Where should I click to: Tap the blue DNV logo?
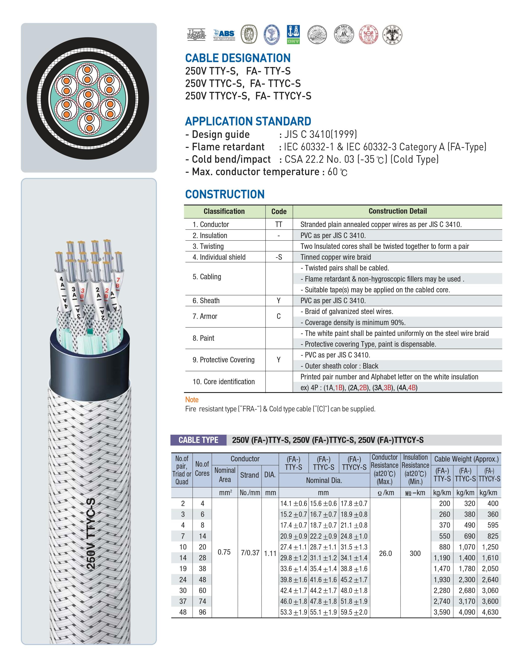(x=293, y=34)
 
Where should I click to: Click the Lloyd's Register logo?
(x=197, y=35)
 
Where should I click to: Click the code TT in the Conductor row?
(x=279, y=224)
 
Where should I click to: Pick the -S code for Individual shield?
(x=279, y=257)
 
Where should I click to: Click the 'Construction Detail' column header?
(x=398, y=211)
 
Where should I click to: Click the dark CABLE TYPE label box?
(x=198, y=440)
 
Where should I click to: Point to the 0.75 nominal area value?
(x=224, y=552)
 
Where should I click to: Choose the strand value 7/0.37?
(x=250, y=553)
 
